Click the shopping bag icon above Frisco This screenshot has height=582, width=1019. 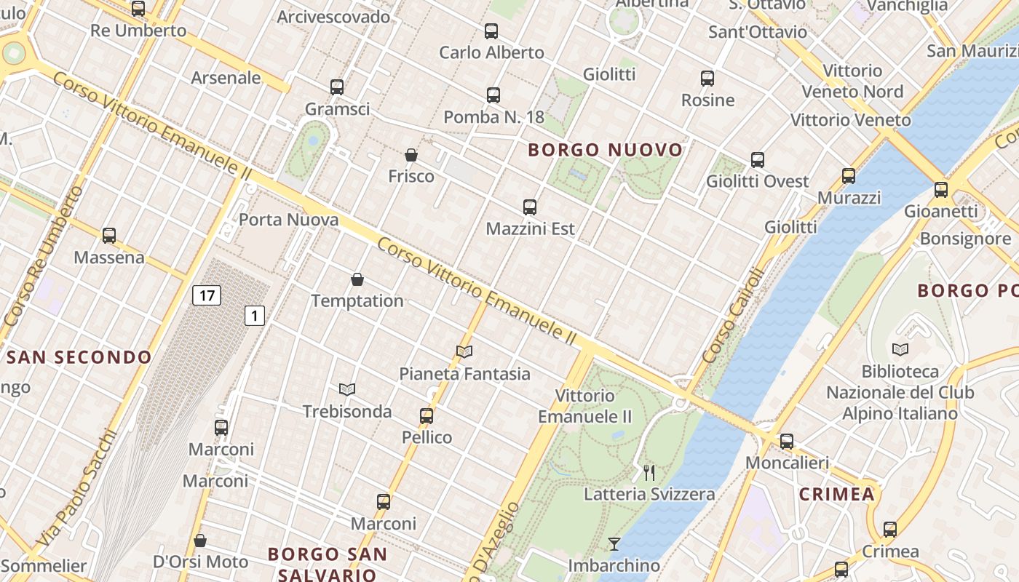[411, 155]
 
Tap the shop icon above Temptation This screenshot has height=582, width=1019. [357, 279]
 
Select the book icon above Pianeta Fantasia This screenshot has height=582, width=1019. [464, 352]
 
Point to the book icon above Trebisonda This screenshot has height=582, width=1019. [347, 390]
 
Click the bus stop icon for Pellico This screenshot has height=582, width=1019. [427, 416]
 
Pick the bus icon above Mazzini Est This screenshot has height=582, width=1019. [530, 207]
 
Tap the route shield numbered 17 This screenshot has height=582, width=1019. [207, 295]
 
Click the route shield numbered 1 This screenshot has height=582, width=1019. [254, 316]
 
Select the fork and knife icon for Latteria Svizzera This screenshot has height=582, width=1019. [649, 473]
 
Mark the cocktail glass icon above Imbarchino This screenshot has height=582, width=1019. [614, 543]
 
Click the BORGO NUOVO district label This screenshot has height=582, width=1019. [606, 151]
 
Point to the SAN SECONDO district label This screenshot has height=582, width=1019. [79, 357]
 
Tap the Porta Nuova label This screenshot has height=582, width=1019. [289, 220]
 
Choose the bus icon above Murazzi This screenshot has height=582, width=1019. [849, 176]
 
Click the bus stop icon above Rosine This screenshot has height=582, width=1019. [707, 79]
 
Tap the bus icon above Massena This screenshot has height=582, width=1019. [109, 236]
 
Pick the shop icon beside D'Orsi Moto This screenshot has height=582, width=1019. [200, 541]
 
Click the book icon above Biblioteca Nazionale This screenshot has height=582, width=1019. [900, 350]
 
